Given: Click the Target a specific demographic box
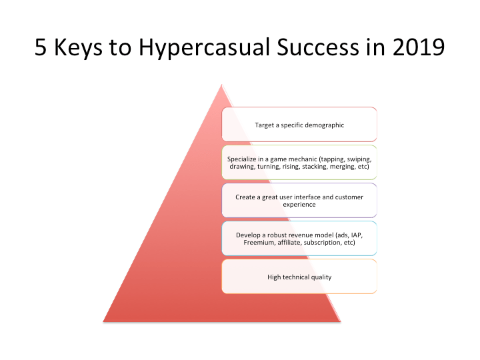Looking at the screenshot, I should coord(299,125).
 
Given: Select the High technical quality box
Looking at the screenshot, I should coord(299,277).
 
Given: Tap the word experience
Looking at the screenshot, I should coord(299,205).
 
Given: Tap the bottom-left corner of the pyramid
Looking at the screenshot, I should coord(105,321).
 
